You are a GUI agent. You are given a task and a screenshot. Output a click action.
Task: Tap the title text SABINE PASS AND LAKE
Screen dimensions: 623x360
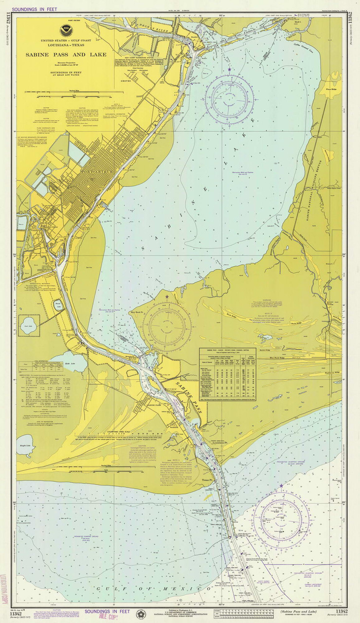(x=66, y=55)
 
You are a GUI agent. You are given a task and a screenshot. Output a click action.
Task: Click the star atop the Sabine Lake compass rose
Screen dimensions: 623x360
(x=229, y=70)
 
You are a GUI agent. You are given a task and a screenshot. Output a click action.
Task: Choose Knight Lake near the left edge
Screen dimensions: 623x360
(x=24, y=446)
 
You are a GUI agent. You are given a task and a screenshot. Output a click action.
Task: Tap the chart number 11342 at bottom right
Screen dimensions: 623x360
(x=341, y=611)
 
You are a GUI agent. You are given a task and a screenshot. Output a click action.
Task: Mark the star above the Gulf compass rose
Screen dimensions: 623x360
(x=281, y=486)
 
